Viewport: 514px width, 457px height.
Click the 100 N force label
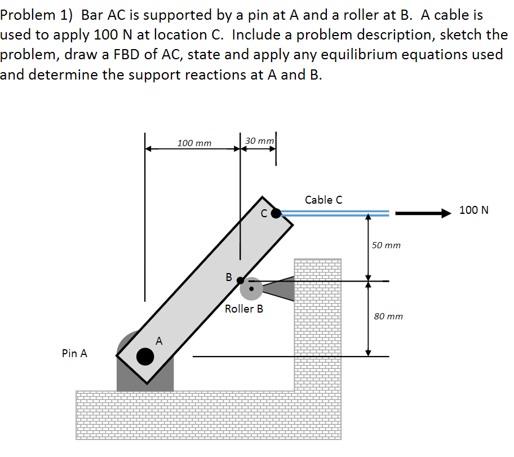[x=474, y=210]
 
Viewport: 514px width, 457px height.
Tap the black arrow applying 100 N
[x=423, y=213]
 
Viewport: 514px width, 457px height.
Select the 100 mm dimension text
[x=194, y=143]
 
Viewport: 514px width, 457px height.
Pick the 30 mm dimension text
[x=260, y=140]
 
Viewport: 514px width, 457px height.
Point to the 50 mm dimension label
[x=387, y=245]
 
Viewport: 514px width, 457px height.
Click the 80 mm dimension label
[x=388, y=317]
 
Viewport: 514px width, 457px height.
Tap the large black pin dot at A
[x=145, y=356]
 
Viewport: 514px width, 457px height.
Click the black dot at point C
[x=276, y=213]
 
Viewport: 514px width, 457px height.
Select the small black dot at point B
[x=240, y=280]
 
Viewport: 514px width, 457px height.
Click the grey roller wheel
[x=251, y=288]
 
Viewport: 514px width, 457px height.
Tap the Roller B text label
[x=243, y=309]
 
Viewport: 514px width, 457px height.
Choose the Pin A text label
[x=74, y=354]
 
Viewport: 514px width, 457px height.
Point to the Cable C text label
[x=323, y=200]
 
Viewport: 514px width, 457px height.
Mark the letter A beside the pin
[x=159, y=341]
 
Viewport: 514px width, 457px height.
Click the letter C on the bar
[x=263, y=214]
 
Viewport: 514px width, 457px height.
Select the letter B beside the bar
[x=228, y=277]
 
